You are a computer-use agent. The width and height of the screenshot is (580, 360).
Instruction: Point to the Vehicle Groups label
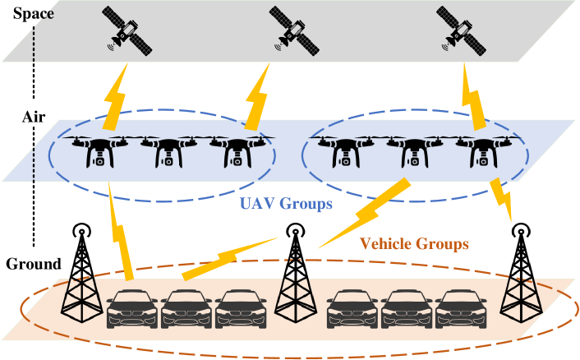pos(415,244)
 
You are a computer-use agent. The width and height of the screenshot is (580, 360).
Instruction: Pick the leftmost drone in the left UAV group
pos(98,150)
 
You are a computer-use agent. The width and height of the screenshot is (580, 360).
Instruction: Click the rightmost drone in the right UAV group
pos(479,151)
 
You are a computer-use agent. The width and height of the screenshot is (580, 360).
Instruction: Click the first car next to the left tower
pos(131,309)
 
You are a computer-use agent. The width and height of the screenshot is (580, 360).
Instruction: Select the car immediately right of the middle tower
pos(352,309)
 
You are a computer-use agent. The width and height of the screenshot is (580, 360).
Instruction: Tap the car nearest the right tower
pos(460,309)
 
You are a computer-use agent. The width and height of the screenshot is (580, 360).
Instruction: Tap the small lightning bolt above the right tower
pos(503,197)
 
